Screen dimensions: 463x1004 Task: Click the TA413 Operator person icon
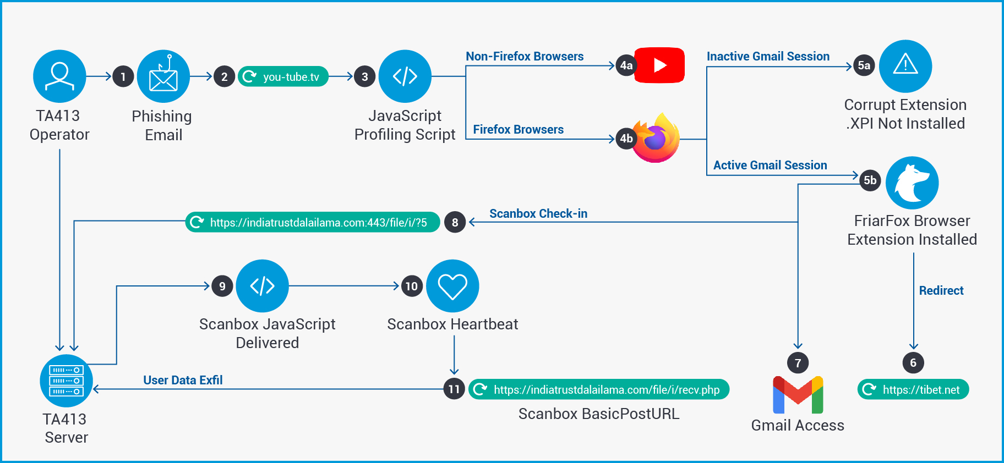click(x=59, y=76)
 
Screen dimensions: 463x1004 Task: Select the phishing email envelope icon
click(x=163, y=76)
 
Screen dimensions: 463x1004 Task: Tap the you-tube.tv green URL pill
click(x=283, y=76)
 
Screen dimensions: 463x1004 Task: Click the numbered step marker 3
click(x=364, y=77)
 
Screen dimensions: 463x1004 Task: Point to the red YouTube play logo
click(x=659, y=65)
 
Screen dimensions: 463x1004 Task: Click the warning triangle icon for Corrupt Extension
click(x=905, y=66)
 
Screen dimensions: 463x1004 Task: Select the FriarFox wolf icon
click(x=912, y=183)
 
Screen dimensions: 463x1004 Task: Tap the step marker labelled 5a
click(x=864, y=66)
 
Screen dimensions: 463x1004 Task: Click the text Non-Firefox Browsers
click(x=525, y=56)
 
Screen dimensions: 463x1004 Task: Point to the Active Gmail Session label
click(x=770, y=165)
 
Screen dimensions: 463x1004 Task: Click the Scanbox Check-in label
click(x=538, y=213)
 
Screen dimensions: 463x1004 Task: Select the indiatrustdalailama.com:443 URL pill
click(x=313, y=222)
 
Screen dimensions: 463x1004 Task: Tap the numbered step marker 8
click(x=455, y=222)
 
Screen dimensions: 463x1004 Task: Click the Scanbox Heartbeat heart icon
click(x=452, y=286)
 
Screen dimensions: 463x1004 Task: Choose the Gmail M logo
click(x=798, y=395)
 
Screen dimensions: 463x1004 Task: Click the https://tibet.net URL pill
click(x=913, y=389)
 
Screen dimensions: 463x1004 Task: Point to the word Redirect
click(x=941, y=290)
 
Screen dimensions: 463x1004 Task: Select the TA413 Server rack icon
click(x=66, y=381)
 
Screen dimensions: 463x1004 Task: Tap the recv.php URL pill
click(x=599, y=389)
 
